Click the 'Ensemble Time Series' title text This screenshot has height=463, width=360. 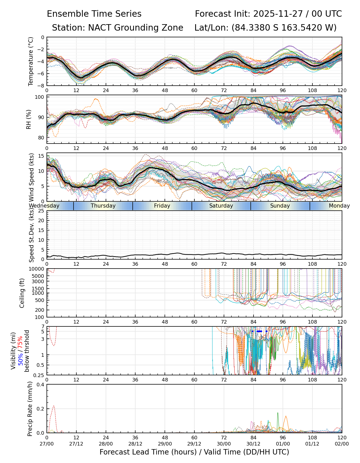(x=94, y=14)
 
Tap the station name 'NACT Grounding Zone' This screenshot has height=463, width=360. (x=136, y=28)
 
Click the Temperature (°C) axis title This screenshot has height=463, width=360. (x=31, y=61)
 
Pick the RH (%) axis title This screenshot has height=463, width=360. (x=29, y=119)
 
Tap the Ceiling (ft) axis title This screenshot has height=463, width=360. (x=22, y=293)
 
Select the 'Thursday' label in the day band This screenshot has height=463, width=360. (x=103, y=206)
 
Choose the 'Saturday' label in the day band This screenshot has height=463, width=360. (x=221, y=206)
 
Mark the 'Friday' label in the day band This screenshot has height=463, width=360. (x=162, y=206)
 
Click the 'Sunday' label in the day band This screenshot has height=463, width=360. (x=280, y=206)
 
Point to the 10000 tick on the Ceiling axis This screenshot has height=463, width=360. (x=37, y=269)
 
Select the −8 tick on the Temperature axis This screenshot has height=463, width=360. (x=41, y=86)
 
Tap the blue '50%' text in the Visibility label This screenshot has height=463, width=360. (x=20, y=359)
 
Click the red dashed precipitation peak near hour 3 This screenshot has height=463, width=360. (x=53, y=406)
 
